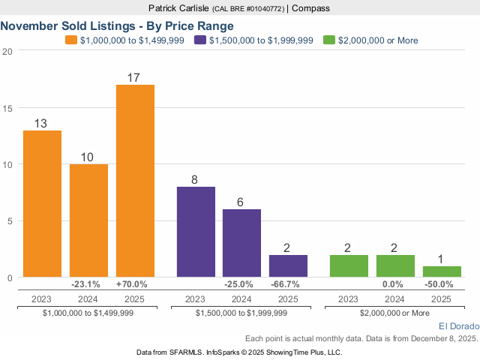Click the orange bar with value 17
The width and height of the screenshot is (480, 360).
(135, 181)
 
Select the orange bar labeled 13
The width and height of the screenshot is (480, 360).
(42, 204)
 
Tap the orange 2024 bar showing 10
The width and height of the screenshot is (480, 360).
(88, 220)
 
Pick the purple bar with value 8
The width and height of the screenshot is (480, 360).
(196, 232)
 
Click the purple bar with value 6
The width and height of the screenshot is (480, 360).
(242, 243)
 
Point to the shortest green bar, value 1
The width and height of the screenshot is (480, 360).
(442, 271)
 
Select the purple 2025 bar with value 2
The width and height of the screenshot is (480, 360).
(288, 266)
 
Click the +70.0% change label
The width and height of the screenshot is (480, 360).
(132, 284)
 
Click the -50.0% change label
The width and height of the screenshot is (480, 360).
(439, 284)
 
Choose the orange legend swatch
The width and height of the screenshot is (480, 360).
(71, 40)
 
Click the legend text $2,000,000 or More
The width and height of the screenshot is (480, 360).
(378, 40)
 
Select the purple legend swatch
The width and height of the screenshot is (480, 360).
(199, 40)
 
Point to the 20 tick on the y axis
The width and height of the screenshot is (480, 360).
(7, 51)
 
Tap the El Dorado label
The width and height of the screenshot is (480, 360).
(457, 326)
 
